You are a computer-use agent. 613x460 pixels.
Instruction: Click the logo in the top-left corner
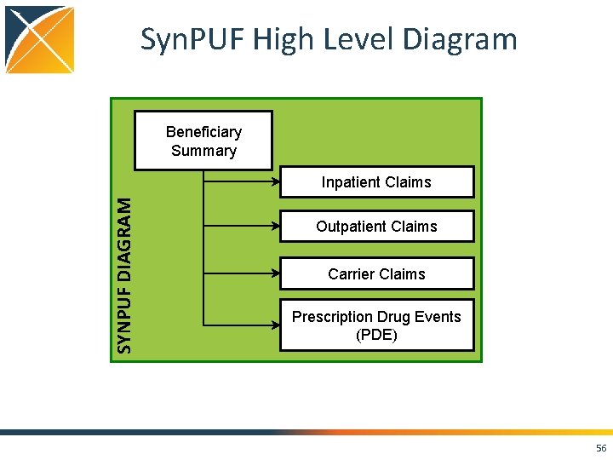[x=40, y=40]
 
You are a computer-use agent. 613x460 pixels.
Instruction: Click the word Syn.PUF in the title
[x=182, y=40]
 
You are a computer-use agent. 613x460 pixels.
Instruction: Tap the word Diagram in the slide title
[x=461, y=40]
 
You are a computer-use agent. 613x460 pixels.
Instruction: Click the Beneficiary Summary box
[x=203, y=141]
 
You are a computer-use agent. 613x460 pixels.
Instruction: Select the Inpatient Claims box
[x=376, y=182]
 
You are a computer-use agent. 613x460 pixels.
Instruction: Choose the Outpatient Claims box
[x=376, y=227]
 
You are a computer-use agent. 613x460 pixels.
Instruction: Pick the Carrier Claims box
[x=376, y=274]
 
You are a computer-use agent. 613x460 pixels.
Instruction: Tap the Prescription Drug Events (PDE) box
[x=376, y=325]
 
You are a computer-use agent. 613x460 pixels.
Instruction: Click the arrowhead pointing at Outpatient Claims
[x=276, y=227]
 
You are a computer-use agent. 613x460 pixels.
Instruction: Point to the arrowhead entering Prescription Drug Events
[x=276, y=325]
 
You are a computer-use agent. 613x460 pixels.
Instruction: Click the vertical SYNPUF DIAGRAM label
[x=124, y=275]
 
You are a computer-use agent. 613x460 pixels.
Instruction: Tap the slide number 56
[x=601, y=449]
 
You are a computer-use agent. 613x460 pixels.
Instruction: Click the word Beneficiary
[x=203, y=132]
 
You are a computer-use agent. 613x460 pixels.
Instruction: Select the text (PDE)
[x=376, y=335]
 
